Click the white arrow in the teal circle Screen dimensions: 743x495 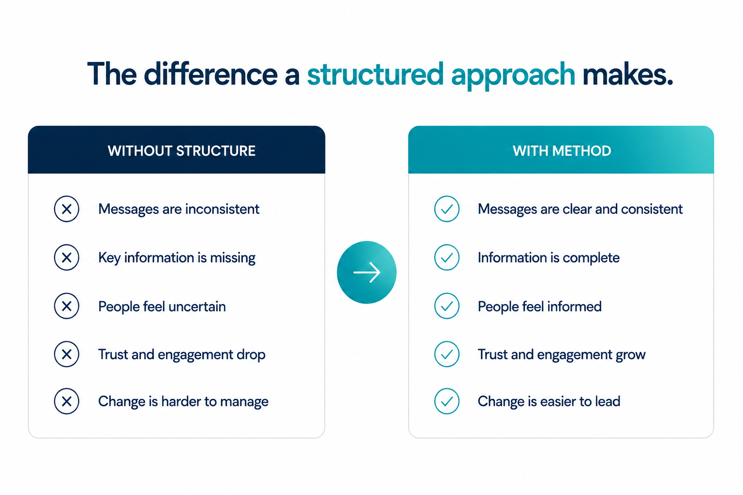click(x=367, y=272)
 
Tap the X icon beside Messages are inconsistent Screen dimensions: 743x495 click(x=67, y=209)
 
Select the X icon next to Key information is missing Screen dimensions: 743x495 click(x=67, y=258)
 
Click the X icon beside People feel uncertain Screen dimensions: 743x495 click(x=67, y=306)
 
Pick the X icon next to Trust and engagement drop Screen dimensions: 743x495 click(x=67, y=354)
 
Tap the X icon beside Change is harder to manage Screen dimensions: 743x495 click(x=67, y=401)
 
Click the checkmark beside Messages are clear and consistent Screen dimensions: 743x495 click(x=447, y=209)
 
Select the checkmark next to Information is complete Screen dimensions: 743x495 click(x=447, y=258)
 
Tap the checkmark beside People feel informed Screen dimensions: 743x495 click(x=447, y=306)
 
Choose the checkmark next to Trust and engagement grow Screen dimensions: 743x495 click(x=447, y=354)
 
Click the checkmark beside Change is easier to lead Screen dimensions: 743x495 click(x=447, y=401)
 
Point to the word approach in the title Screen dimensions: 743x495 click(x=513, y=76)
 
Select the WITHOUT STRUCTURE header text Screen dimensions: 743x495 click(x=181, y=151)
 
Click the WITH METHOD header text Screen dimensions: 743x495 click(x=562, y=151)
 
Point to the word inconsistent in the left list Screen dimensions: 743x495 click(x=222, y=209)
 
